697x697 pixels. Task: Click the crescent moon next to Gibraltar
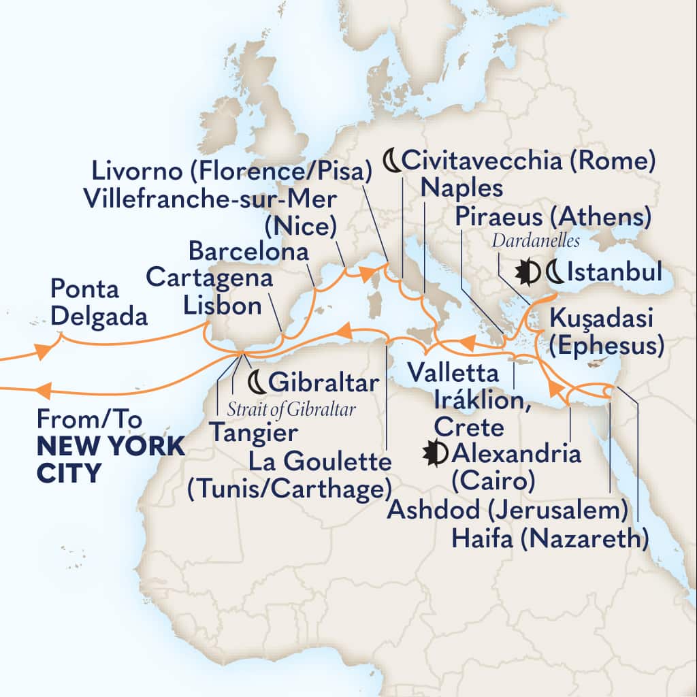tap(257, 383)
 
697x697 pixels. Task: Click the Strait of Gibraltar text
tap(292, 409)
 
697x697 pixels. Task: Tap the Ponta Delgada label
tap(99, 303)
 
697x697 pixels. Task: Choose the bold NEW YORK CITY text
tap(109, 458)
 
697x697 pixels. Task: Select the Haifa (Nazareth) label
tap(549, 540)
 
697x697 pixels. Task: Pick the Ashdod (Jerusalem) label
tap(507, 510)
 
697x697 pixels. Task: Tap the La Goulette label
tap(321, 464)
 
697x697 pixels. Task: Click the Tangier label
tap(253, 432)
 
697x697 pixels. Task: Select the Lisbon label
tap(223, 306)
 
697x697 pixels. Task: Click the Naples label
tap(461, 188)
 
